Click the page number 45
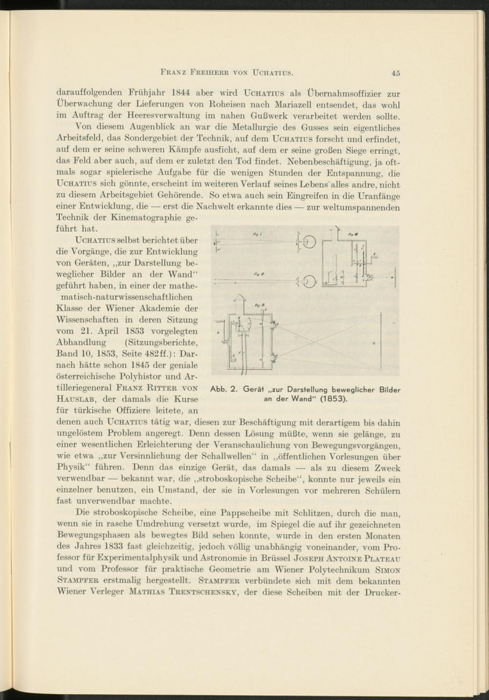click(x=396, y=73)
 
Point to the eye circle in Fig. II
click(x=310, y=282)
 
